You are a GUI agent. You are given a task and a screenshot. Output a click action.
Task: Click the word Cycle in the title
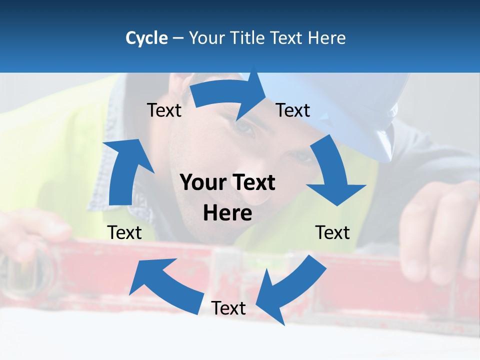pos(146,38)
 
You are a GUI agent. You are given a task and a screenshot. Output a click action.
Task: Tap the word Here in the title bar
pos(326,38)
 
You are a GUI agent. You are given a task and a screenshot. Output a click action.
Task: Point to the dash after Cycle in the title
pos(178,38)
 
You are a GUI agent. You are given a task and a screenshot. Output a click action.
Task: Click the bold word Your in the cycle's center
pos(203,183)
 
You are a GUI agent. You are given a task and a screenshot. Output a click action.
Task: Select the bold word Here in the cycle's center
pos(227,213)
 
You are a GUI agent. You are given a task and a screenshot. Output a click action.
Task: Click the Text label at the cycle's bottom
pos(228,308)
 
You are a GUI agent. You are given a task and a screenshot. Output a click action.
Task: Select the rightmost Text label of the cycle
pos(332,232)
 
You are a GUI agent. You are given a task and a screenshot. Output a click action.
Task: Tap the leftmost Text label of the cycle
pos(124,232)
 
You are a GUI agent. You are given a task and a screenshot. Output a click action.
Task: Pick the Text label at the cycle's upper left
pos(164,110)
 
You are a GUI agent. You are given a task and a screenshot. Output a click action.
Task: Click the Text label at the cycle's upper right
pos(293,110)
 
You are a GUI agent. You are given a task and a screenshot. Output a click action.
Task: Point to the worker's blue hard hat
pos(345,110)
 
